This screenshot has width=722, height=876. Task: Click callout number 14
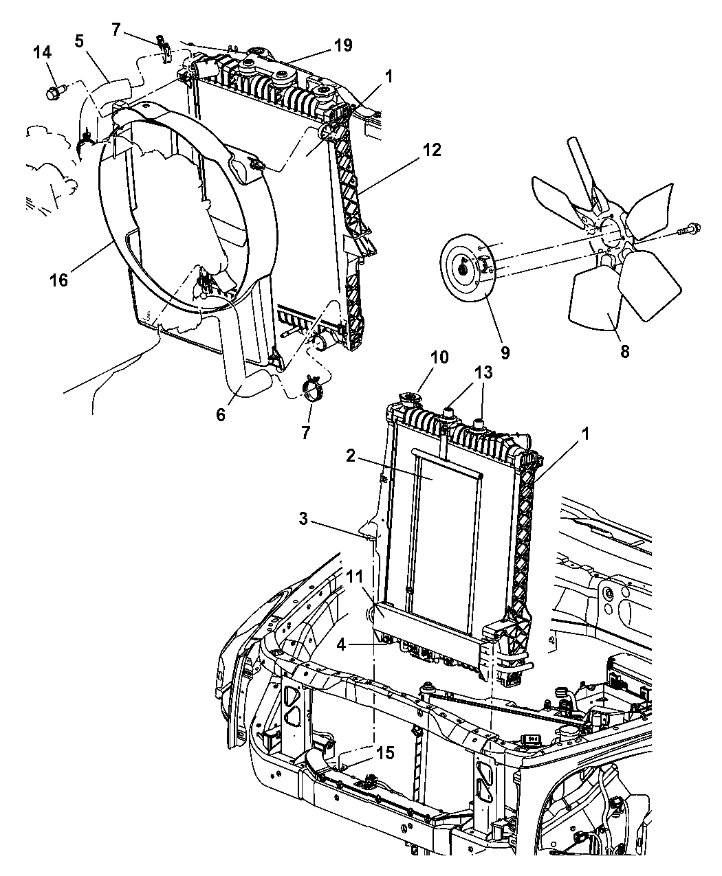43,53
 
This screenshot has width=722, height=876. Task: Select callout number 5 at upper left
79,41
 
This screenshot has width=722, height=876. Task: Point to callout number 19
343,45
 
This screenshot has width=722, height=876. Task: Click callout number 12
432,150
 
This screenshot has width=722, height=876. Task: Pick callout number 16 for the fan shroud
59,280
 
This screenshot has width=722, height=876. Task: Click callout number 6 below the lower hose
221,414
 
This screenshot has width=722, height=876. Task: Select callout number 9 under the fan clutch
505,352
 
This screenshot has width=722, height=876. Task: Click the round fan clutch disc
468,268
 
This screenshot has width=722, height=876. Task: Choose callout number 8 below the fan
625,352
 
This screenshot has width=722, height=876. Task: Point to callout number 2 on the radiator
351,456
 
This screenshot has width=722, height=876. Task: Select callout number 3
303,519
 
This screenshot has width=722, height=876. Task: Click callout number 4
342,644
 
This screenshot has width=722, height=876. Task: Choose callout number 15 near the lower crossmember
386,753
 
